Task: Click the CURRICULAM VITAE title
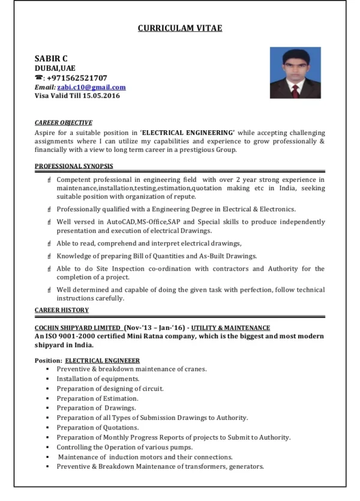180,28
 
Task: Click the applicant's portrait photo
295,75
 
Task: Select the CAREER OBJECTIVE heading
63,122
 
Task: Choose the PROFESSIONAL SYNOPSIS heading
74,166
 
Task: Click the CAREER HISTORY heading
62,310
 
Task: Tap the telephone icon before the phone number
38,78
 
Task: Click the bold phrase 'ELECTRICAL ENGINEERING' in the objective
188,132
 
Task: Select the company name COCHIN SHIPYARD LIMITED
77,328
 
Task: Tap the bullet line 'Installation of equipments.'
98,379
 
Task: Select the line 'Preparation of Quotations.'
98,428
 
